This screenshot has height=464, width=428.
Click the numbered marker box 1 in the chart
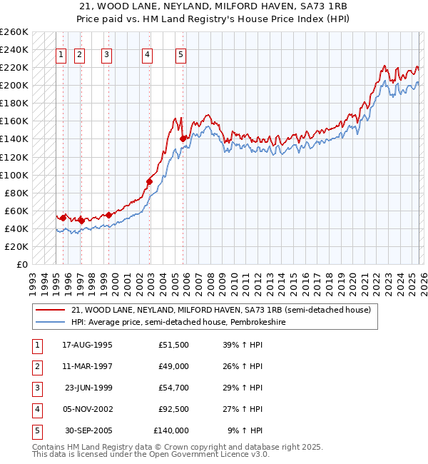(61, 54)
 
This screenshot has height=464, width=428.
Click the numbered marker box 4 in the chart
(146, 54)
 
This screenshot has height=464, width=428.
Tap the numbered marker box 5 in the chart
(180, 54)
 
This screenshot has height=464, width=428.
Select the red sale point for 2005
(183, 138)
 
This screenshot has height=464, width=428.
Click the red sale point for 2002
(149, 181)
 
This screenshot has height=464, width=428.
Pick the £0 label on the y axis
(22, 264)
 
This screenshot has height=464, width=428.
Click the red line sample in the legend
(50, 311)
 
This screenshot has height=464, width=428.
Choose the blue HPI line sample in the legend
(50, 322)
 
